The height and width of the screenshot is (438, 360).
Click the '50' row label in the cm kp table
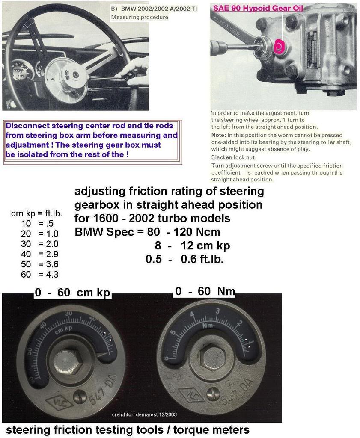tap(26, 264)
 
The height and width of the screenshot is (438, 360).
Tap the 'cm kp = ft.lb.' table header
tap(36, 213)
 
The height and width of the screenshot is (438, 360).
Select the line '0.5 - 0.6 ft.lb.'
tap(184, 259)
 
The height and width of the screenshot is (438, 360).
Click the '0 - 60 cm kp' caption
tap(72, 293)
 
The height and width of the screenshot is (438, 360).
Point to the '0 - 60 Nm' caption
tap(205, 291)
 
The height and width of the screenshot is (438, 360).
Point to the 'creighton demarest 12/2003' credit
tap(144, 414)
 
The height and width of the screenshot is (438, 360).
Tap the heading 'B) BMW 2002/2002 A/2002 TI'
tap(154, 9)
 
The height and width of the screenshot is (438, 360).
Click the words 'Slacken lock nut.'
tap(233, 157)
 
